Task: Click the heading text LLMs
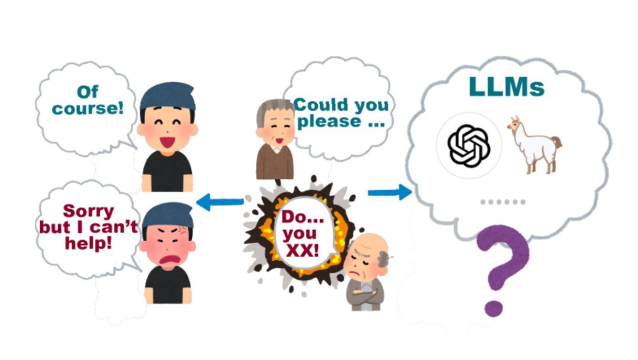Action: click(x=506, y=87)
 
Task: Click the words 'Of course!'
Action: click(x=88, y=100)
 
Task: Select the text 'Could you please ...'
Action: click(x=341, y=112)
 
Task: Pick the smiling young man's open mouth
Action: click(x=167, y=141)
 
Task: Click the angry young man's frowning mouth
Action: click(x=166, y=261)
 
